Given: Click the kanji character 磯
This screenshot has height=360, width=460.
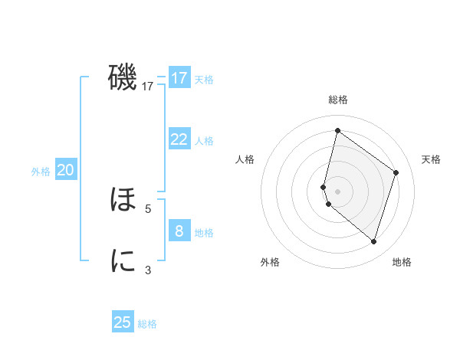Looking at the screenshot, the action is (x=123, y=77).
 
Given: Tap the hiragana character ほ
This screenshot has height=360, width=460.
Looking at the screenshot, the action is (x=123, y=201).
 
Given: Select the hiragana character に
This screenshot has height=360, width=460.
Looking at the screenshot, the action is (x=123, y=261).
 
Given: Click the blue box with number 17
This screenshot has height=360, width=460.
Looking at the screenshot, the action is (x=179, y=78).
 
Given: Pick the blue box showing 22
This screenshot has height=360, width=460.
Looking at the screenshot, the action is (x=179, y=139).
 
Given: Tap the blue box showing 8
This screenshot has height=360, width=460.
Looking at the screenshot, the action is (x=179, y=231).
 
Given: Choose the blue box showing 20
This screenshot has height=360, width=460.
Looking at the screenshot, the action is (x=65, y=170).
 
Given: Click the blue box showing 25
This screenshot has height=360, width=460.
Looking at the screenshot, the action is (x=123, y=322).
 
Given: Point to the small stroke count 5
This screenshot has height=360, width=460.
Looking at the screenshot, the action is (x=148, y=208).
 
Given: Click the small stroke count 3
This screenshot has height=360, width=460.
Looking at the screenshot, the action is (x=148, y=270).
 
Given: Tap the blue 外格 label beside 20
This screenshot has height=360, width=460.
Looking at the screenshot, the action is (x=41, y=172).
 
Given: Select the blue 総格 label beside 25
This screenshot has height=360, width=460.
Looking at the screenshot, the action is (x=147, y=324).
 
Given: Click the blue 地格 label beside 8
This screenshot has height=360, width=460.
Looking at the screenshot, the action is (x=204, y=233).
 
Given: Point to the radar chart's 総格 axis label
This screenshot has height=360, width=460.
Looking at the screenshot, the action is (x=337, y=100).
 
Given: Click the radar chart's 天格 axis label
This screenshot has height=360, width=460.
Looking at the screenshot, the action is (x=431, y=159).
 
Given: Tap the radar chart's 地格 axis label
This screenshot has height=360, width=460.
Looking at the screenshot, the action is (x=402, y=262).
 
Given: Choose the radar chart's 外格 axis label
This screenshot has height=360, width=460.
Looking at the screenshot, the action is (x=270, y=262).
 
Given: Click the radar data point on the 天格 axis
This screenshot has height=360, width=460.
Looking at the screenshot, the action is (x=396, y=172).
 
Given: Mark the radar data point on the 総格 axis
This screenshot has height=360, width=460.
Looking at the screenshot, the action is (x=337, y=130).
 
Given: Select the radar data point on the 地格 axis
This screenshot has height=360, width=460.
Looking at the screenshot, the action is (x=373, y=241).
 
